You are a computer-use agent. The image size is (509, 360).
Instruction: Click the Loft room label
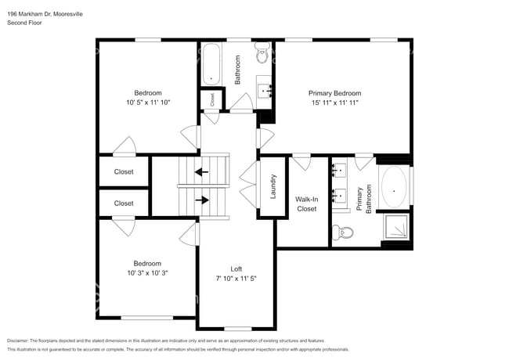coord(236,269)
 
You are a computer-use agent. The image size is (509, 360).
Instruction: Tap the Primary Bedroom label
coord(334,93)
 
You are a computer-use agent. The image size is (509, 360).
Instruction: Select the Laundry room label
coord(273,186)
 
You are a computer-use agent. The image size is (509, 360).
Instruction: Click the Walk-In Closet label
coord(306,204)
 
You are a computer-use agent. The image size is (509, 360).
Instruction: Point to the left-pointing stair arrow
coord(201,171)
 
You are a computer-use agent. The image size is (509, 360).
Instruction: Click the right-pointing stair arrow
coord(202,200)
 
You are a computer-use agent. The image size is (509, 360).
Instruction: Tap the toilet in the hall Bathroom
coord(262,52)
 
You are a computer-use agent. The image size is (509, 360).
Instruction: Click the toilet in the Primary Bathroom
coord(343,232)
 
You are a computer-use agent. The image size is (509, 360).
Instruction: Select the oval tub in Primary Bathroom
coord(394,187)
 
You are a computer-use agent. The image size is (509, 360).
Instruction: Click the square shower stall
coord(395,226)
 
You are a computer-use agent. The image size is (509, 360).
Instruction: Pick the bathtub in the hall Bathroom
coord(211,64)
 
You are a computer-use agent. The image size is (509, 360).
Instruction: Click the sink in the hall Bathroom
coord(265,92)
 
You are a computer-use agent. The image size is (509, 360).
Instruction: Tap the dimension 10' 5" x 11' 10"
coord(148,103)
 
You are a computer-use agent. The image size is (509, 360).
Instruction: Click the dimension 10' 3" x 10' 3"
coord(147,273)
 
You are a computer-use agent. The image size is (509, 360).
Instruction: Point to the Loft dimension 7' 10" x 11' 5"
coord(236,279)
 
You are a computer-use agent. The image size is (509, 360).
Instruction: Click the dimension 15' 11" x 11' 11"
coord(334,103)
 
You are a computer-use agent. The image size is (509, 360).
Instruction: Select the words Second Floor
coord(25,23)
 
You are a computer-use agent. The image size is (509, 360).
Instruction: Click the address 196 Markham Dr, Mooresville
coord(45,14)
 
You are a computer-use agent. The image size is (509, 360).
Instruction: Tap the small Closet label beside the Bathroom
coord(212,99)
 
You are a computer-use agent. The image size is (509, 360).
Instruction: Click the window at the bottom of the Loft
coord(237,329)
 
